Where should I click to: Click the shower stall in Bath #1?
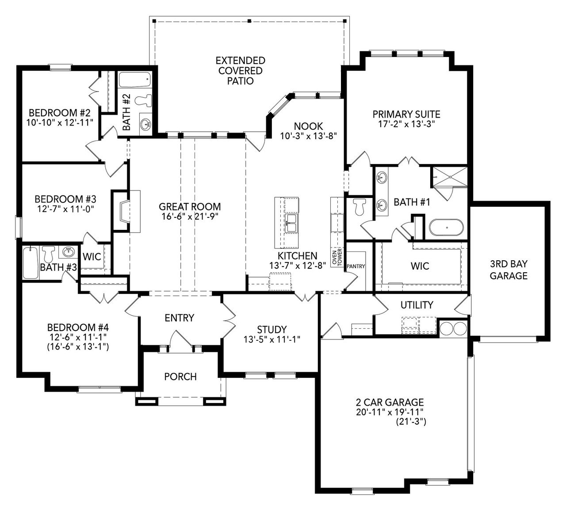pos(449,177)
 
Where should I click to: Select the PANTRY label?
pos(356,266)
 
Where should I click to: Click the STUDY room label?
pos(272,330)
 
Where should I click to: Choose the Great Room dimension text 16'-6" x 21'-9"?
pos(190,216)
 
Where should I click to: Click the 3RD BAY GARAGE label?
pos(508,270)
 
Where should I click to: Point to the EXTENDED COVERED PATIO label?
pos(240,71)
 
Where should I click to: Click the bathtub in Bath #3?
pos(31,263)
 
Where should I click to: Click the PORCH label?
pos(180,377)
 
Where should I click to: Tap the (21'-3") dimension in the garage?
pos(411,422)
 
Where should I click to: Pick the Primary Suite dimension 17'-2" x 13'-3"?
pos(406,124)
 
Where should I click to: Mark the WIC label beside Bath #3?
pos(92,257)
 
